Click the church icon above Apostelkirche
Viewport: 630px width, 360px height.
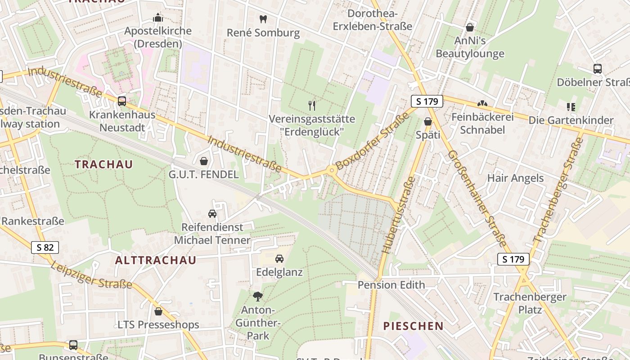(x=158, y=18)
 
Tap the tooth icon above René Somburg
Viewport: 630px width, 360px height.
(x=263, y=19)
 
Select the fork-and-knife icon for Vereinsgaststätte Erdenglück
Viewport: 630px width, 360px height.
(x=312, y=106)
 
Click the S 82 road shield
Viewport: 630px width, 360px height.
(x=45, y=247)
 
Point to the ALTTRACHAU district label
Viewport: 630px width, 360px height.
(x=156, y=260)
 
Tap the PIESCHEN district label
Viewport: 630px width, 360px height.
(x=413, y=326)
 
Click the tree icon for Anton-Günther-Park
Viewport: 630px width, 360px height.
(x=258, y=296)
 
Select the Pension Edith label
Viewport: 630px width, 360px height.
(x=391, y=285)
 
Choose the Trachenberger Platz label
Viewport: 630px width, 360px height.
(x=530, y=303)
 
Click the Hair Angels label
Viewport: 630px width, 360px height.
(x=515, y=178)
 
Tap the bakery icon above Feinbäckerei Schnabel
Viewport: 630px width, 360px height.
(x=482, y=104)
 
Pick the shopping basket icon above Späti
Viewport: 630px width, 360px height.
(x=427, y=121)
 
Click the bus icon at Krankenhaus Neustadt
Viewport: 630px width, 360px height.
(x=122, y=101)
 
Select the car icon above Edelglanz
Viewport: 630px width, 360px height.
(x=279, y=259)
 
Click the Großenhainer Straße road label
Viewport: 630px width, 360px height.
(x=477, y=198)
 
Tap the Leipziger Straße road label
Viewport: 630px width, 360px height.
(x=91, y=274)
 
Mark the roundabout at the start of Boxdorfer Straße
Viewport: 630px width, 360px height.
(x=332, y=170)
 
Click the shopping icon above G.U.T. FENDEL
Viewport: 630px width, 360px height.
(x=204, y=161)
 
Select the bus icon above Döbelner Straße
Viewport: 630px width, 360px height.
(x=598, y=69)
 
